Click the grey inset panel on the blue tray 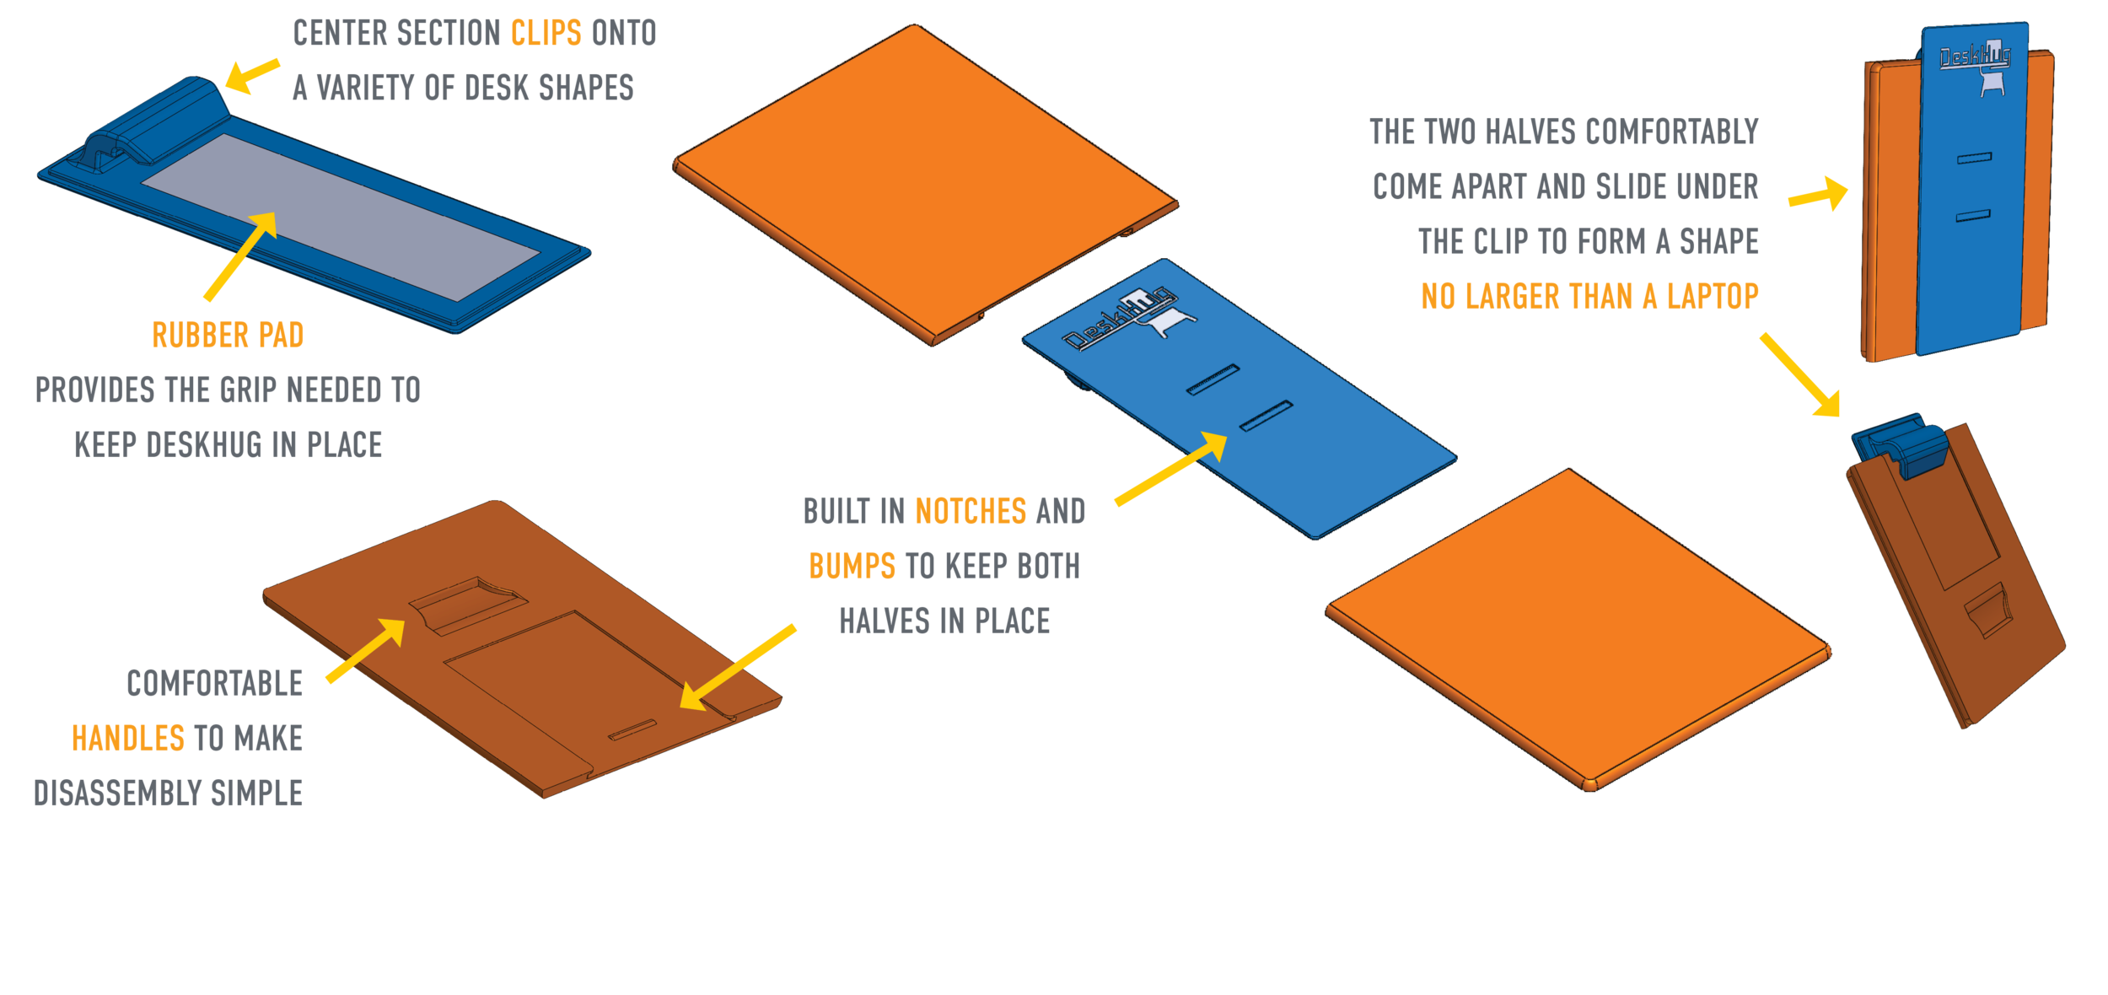pyautogui.click(x=337, y=215)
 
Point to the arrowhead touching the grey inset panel pyautogui.click(x=265, y=223)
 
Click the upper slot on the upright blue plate pyautogui.click(x=1973, y=158)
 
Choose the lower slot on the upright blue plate pyautogui.click(x=1973, y=217)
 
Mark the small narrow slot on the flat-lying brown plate pyautogui.click(x=632, y=730)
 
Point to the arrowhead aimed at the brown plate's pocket pyautogui.click(x=390, y=632)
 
